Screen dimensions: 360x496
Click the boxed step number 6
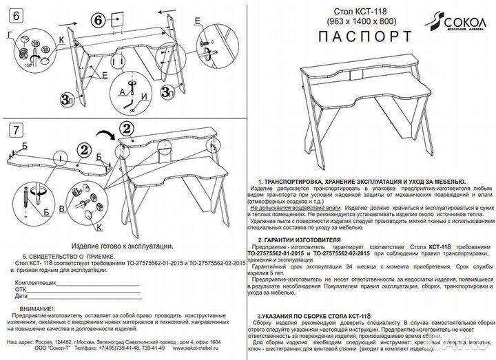[16, 12]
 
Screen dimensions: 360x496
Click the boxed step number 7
[16, 130]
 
